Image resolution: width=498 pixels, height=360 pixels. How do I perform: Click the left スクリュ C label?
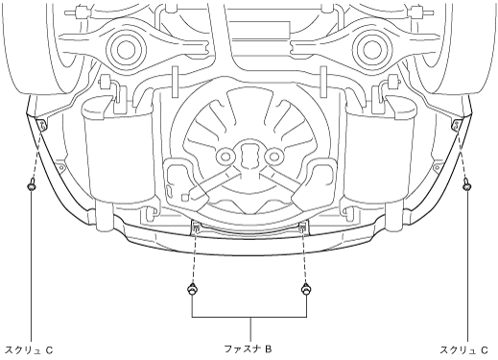[29, 350]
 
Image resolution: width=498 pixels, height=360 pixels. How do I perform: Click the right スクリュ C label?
[463, 350]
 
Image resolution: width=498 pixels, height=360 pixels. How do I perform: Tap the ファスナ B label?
[248, 348]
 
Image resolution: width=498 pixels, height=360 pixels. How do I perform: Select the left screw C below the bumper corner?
[31, 185]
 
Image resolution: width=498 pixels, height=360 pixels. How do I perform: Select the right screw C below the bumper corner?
[467, 185]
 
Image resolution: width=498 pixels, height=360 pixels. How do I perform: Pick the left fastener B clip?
[192, 289]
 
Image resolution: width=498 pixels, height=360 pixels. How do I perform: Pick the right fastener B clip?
[306, 289]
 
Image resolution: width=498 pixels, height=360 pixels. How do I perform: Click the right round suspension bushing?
[371, 50]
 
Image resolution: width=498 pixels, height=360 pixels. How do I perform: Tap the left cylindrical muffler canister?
[117, 151]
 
